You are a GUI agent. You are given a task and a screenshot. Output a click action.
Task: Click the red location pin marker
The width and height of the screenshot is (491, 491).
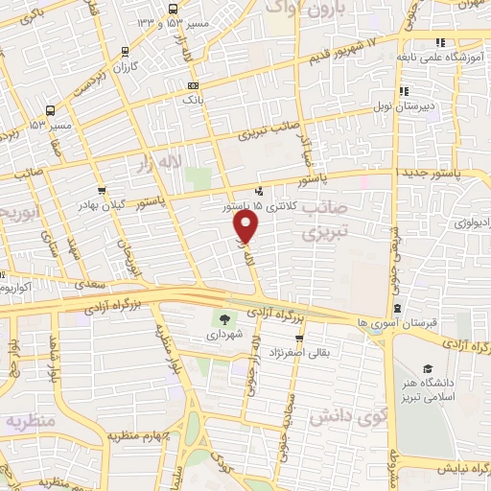tap(246, 226)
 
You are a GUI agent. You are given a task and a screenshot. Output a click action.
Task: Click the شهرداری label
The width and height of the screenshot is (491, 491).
tap(224, 337)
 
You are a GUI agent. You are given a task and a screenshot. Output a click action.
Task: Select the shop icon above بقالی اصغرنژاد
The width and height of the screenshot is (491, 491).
tap(300, 339)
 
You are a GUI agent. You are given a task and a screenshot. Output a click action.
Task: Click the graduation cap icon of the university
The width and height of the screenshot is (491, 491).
tap(427, 368)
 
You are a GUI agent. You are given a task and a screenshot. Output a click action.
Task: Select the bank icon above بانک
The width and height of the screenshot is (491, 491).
tap(194, 85)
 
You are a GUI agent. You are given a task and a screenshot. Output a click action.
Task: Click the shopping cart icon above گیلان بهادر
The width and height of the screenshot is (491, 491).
tap(101, 190)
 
